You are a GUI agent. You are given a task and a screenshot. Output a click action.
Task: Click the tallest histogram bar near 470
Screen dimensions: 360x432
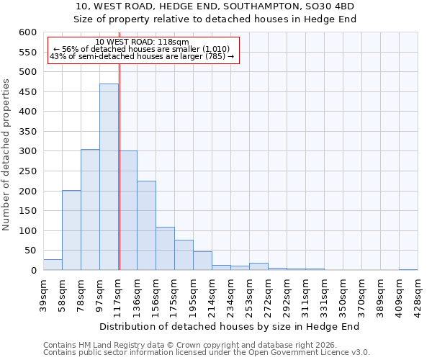(109, 176)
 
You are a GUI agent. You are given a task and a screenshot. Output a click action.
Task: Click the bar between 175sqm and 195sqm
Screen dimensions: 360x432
(184, 255)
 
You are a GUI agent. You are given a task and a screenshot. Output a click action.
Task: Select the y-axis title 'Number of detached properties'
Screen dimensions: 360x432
(6, 155)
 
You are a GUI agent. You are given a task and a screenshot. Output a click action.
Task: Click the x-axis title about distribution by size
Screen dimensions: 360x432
(228, 326)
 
